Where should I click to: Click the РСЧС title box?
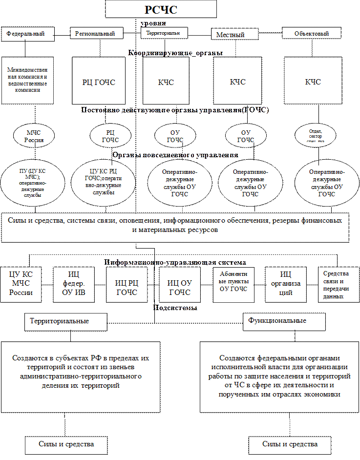coord(161,9)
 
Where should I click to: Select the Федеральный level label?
coord(27,34)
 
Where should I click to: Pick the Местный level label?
coord(231,35)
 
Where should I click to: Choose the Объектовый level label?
coord(312,33)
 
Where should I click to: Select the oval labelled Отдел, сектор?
coord(317,134)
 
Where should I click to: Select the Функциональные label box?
coord(284,321)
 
